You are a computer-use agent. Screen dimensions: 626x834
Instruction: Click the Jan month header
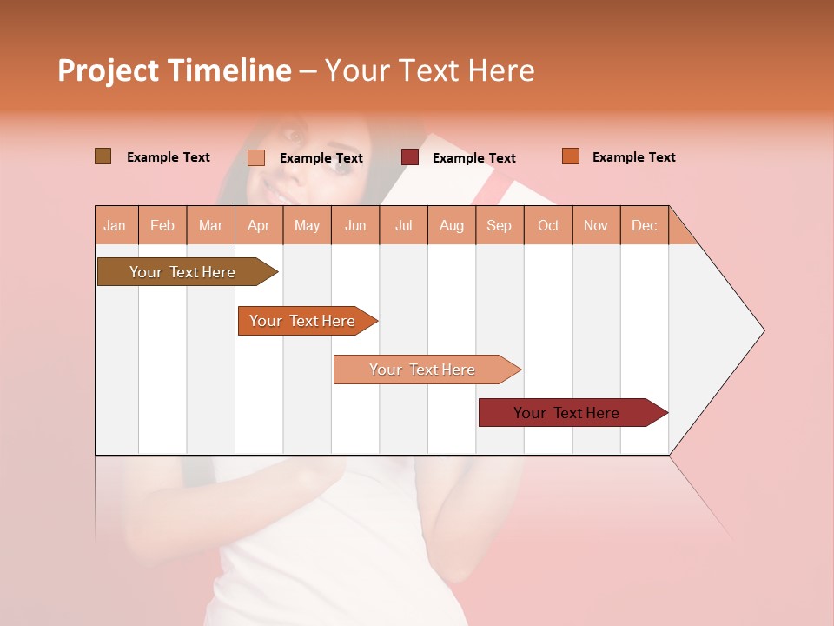tap(115, 225)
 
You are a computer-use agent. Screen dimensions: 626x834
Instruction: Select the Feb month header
tap(162, 225)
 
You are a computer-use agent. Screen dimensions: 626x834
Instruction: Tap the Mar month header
tap(210, 225)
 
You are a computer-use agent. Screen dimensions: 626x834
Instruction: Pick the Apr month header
tap(259, 225)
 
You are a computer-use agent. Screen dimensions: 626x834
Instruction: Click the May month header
tap(307, 225)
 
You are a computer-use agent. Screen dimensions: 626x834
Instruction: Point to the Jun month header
tap(355, 225)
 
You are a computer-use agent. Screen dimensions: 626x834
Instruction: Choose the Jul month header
tap(403, 225)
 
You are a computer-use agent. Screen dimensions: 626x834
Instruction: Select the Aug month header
tap(452, 225)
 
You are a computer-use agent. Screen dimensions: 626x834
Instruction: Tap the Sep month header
tap(500, 225)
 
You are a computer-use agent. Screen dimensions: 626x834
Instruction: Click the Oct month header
tap(548, 225)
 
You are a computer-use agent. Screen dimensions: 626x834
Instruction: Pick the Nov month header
tap(596, 225)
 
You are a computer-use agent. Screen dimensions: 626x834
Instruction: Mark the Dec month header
tap(645, 225)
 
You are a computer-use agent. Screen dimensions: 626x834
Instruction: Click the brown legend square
tap(103, 156)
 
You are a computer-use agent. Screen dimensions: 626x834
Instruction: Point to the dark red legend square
tap(410, 157)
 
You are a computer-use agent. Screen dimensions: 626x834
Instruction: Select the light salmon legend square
tap(256, 157)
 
